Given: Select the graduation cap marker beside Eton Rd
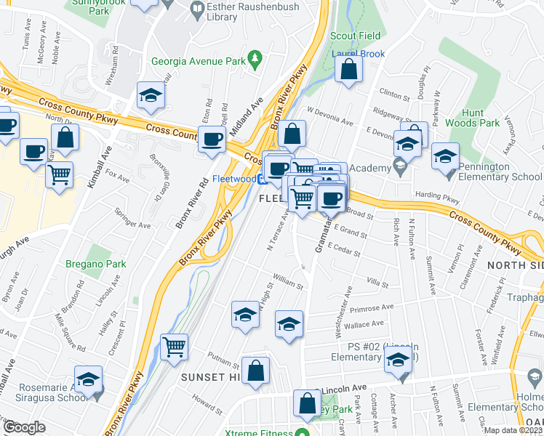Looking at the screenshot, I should [x=151, y=96].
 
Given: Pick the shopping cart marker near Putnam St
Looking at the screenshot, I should [x=175, y=347].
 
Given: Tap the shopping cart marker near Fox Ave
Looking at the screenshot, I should [x=60, y=174].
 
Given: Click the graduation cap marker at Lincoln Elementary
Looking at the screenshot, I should [x=399, y=360].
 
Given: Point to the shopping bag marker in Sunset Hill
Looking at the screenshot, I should [x=256, y=371].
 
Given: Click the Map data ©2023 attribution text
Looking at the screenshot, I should [x=512, y=430].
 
